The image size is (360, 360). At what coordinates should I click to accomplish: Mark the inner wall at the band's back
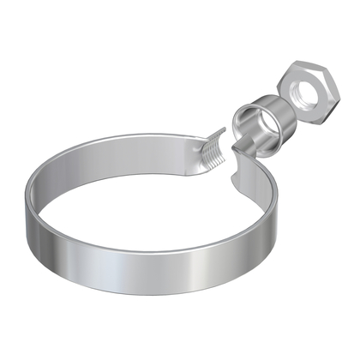[x=129, y=154]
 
